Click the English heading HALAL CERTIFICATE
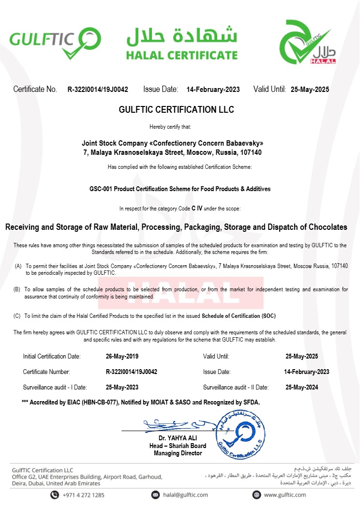coord(182,55)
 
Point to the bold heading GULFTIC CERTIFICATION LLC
coord(176,110)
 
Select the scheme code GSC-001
coord(100,189)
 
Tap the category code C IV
coord(197,208)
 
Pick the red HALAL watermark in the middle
coord(181,292)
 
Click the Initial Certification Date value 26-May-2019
coord(122,357)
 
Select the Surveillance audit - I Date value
coord(122,388)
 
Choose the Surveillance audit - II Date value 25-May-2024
coord(302,388)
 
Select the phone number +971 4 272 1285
coord(84,495)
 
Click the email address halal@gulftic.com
coord(186,495)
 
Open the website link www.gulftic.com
coord(284,495)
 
